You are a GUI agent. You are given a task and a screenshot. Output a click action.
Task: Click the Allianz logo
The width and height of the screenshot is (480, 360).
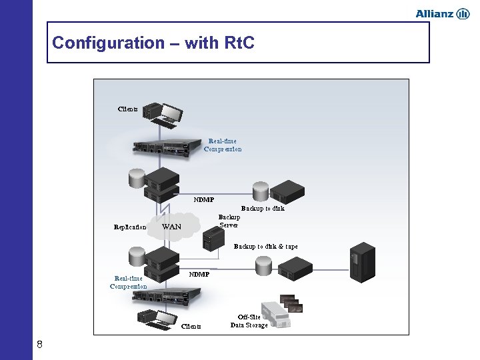tap(442, 14)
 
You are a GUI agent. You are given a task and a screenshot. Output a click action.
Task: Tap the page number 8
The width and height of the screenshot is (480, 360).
tap(40, 344)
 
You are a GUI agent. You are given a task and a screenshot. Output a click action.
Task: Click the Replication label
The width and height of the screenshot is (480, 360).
tap(130, 227)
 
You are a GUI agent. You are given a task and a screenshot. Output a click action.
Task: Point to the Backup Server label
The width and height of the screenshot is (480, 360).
tap(229, 221)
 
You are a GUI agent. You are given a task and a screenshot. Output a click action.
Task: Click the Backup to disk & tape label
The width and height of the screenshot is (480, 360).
tap(265, 247)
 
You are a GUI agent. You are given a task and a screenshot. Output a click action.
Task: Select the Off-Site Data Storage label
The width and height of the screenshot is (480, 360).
tap(249, 321)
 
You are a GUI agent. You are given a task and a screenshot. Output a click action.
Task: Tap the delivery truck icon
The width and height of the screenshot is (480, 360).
tap(274, 315)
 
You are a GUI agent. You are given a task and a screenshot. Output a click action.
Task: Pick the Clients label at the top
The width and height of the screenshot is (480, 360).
tap(128, 109)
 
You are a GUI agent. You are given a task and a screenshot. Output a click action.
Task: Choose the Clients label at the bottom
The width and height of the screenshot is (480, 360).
tap(191, 327)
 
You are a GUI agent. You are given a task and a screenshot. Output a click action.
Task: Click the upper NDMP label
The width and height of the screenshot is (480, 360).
tap(204, 199)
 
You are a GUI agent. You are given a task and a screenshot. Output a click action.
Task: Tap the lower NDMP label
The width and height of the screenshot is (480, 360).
tap(199, 274)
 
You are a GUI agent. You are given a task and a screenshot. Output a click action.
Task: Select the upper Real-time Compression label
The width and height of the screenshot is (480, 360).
tap(223, 145)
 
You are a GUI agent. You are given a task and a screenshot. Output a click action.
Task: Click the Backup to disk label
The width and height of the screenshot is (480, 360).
tap(263, 209)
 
